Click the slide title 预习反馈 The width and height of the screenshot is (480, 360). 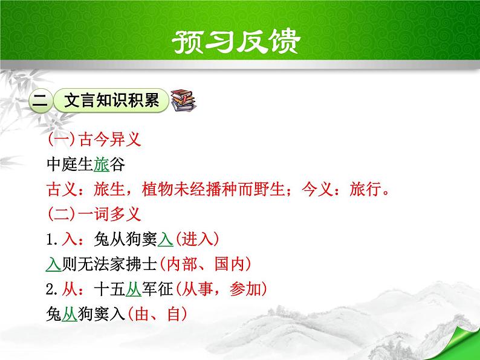tap(240, 40)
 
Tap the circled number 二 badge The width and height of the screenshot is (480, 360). tap(40, 101)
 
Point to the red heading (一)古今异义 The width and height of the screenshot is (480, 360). tap(94, 141)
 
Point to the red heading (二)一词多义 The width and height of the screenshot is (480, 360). tap(94, 214)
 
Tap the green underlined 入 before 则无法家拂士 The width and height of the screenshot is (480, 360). tap(53, 264)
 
